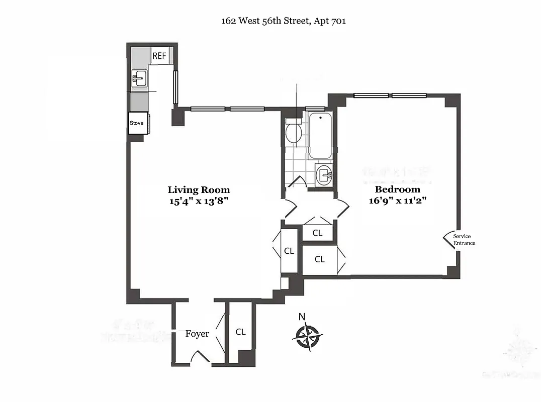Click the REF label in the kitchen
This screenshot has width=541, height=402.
pos(159,56)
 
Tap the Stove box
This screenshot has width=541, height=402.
pos(137,123)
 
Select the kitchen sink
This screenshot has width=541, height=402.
pos(139,78)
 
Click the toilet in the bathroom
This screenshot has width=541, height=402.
pos(293,132)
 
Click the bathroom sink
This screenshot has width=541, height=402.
pos(324,175)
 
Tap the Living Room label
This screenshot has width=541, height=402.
pos(199,189)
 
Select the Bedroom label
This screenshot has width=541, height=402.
pos(397,189)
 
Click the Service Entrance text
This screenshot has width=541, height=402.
pos(464,240)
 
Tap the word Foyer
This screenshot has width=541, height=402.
pos(197,334)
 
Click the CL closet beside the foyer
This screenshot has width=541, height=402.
pos(241,332)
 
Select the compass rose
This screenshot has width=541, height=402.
pos(307,335)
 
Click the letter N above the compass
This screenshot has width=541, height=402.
pos(302,317)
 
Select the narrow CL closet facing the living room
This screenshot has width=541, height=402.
pos(289,251)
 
